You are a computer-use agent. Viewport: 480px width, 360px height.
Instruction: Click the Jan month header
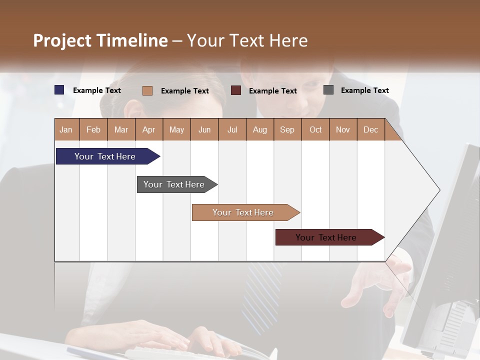(x=66, y=129)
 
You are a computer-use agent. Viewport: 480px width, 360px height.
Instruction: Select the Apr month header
(x=148, y=129)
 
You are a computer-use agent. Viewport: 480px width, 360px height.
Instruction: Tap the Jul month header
(x=232, y=129)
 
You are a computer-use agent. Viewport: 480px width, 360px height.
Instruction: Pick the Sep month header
(x=287, y=129)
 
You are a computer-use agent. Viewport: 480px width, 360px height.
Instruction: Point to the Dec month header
(x=370, y=129)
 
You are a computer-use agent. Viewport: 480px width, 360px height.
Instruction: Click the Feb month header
(x=93, y=129)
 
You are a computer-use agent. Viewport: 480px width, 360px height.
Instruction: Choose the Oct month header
(x=315, y=129)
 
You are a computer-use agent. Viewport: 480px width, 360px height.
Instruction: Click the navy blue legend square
(x=59, y=90)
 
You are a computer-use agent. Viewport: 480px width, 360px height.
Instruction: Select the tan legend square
(x=147, y=90)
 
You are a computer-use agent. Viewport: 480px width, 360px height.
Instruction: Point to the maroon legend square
(x=236, y=90)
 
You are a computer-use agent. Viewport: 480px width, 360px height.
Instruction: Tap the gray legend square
(x=328, y=90)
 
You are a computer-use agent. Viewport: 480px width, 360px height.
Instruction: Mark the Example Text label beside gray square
(x=364, y=90)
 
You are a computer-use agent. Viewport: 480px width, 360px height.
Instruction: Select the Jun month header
(x=204, y=129)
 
